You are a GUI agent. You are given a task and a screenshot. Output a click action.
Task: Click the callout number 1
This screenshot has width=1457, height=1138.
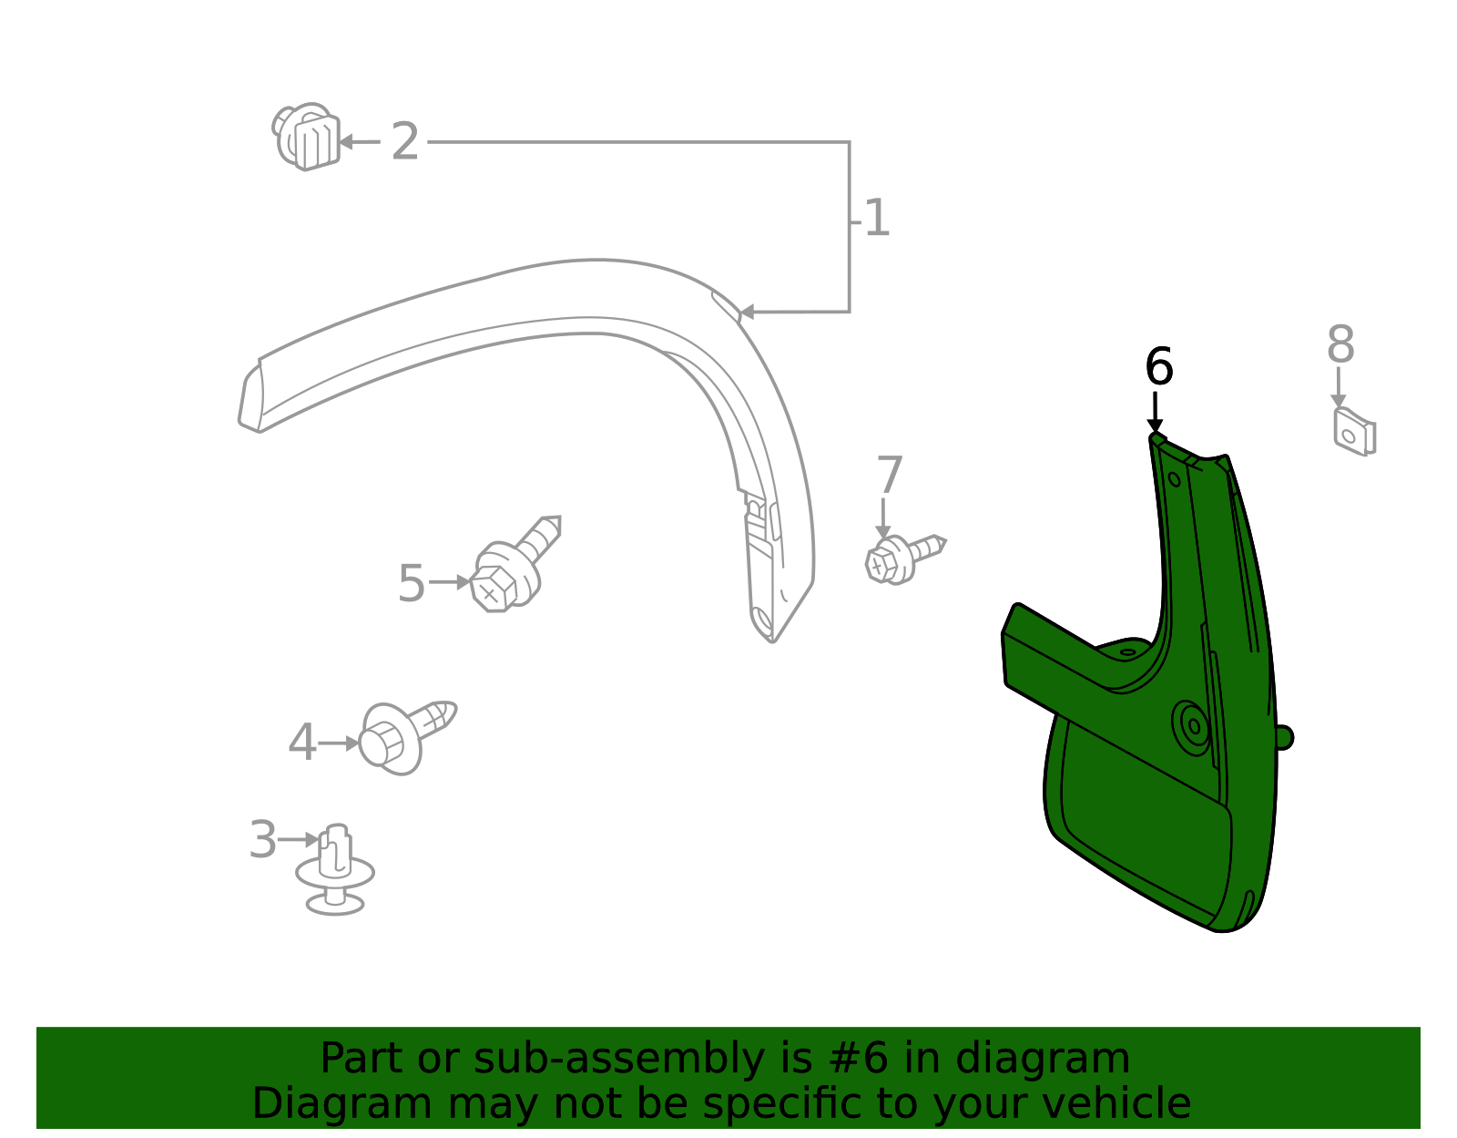(876, 219)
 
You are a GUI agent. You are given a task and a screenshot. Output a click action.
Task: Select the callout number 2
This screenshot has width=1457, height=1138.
(404, 142)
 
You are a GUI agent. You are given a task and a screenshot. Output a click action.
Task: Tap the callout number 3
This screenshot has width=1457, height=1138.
(262, 839)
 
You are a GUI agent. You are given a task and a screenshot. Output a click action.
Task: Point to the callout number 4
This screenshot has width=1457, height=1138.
(301, 743)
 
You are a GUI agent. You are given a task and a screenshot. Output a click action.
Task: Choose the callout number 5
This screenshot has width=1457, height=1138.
(411, 583)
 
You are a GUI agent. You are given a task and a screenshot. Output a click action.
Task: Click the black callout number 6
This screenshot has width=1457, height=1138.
(1158, 367)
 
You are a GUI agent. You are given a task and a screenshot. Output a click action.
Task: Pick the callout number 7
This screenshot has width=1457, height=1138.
(889, 476)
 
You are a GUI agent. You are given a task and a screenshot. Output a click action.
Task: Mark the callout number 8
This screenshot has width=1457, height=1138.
(1340, 345)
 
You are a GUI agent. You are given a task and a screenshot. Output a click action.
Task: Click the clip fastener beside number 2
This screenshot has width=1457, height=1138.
(307, 137)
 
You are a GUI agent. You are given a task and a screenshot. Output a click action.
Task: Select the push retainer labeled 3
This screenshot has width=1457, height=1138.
(335, 870)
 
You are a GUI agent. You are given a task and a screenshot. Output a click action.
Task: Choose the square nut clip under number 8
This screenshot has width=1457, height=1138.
(1354, 432)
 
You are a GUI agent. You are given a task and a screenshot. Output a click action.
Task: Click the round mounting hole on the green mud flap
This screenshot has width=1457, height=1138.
(1194, 726)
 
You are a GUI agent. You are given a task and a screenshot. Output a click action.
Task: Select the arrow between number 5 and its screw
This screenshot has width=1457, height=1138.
(450, 582)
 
